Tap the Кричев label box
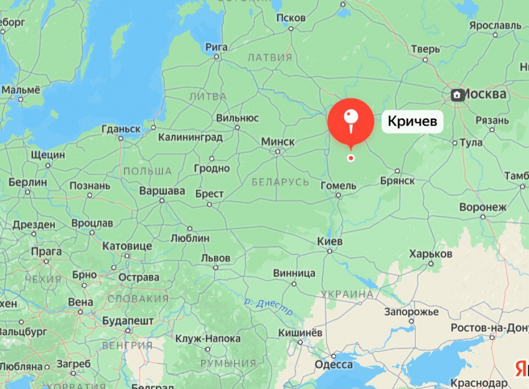pos(412,120)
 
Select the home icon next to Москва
pos(457,95)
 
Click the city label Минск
pos(278,142)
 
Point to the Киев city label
pos(330,241)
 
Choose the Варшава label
pos(162,191)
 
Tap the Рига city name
pos(217,47)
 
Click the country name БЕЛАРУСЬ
pos(281,182)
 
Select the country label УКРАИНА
pos(347,294)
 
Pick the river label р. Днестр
pos(268,304)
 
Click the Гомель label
pos(338,185)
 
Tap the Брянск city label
pos(396,180)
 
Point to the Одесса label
pos(334,365)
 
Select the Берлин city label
pos(28,182)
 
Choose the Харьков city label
pos(431,254)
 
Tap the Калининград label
pos(190,137)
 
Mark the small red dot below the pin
pos(351,158)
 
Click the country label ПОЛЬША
pos(147,171)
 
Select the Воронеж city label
pos(483,207)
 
